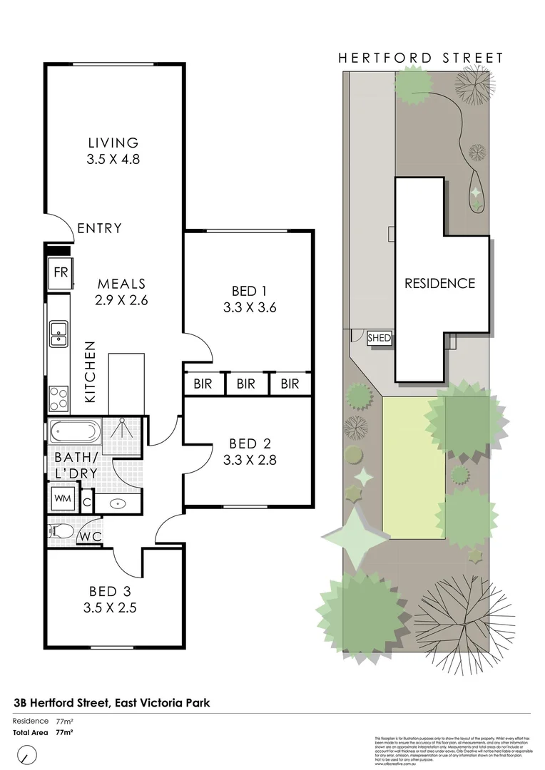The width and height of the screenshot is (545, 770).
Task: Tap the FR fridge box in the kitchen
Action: (59, 272)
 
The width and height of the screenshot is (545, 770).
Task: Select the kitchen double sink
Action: (58, 334)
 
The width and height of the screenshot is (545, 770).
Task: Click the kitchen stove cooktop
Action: (58, 397)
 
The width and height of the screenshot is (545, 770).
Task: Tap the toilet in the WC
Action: (58, 531)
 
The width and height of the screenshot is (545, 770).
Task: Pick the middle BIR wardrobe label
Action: (246, 384)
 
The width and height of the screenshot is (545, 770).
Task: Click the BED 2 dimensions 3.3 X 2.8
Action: (249, 460)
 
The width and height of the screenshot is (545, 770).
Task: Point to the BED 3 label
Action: (109, 591)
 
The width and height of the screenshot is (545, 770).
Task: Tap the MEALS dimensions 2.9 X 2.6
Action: (121, 300)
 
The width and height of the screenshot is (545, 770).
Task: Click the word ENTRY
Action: (99, 229)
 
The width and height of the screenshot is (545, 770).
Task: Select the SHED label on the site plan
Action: (379, 339)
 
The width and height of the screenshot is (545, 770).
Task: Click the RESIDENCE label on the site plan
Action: (439, 283)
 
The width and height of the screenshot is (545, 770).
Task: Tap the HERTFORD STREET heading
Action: (421, 58)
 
